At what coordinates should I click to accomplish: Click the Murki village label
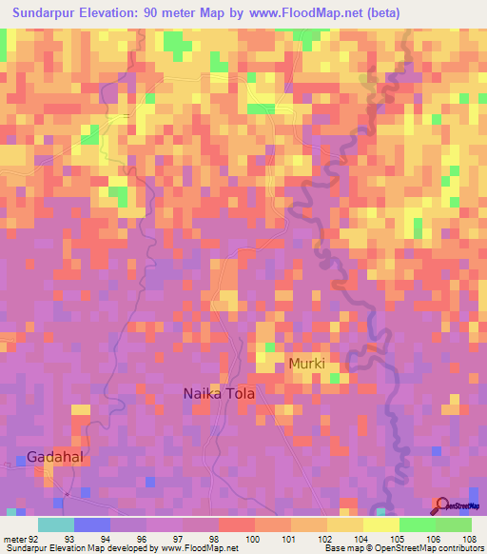[306, 365]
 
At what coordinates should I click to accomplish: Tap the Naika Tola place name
[220, 392]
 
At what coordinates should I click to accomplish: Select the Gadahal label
[58, 456]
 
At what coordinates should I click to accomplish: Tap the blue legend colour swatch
[91, 524]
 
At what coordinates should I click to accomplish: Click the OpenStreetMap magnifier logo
[442, 505]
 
